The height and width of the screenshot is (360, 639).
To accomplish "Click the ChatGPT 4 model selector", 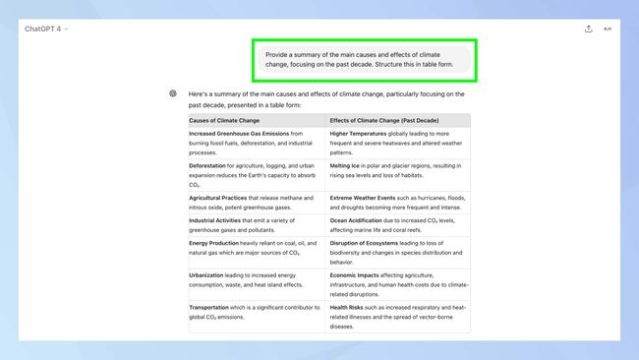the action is [x=46, y=29].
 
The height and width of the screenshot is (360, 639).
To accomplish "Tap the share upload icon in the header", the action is [x=588, y=29].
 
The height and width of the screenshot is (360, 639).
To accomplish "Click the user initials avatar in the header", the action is [x=608, y=29].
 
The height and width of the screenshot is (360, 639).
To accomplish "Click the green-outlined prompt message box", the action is [x=364, y=60].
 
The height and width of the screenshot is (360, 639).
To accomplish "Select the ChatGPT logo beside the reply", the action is [x=173, y=93].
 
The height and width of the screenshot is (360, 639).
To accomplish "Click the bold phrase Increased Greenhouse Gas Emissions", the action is [x=239, y=133].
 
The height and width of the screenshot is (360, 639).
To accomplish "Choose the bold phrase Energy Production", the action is [x=213, y=242].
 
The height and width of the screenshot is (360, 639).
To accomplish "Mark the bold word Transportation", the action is [x=210, y=307].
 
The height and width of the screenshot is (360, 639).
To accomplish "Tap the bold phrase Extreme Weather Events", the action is [x=371, y=197].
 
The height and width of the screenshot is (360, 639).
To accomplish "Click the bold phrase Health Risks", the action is [x=348, y=307].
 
